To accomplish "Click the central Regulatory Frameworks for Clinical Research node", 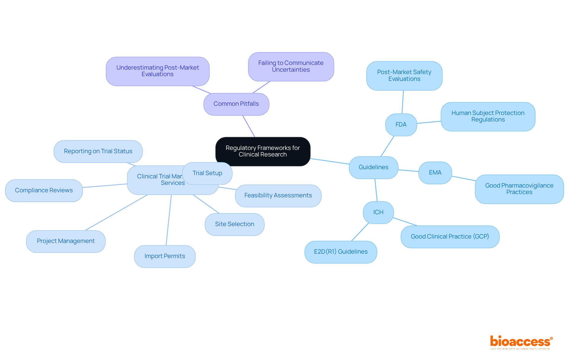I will (263, 151).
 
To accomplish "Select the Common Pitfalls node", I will (236, 104).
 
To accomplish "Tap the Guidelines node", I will (373, 167).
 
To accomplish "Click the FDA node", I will (401, 125).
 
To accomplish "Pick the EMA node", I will (435, 173).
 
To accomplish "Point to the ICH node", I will (378, 212).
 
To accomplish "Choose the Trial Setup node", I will (207, 173).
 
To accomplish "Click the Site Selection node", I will (234, 224).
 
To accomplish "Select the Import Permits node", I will (165, 256).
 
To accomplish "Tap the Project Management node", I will (66, 241).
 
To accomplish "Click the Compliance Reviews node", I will (44, 191).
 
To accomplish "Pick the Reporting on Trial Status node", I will (98, 151).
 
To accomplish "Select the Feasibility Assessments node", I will (278, 196).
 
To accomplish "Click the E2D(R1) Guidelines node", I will (341, 252).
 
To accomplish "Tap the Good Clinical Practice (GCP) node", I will (450, 237).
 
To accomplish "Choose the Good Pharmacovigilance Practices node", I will (519, 189).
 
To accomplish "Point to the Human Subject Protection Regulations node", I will (488, 116).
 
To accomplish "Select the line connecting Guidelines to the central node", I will (330, 161).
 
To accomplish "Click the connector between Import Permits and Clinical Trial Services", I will (169, 220).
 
